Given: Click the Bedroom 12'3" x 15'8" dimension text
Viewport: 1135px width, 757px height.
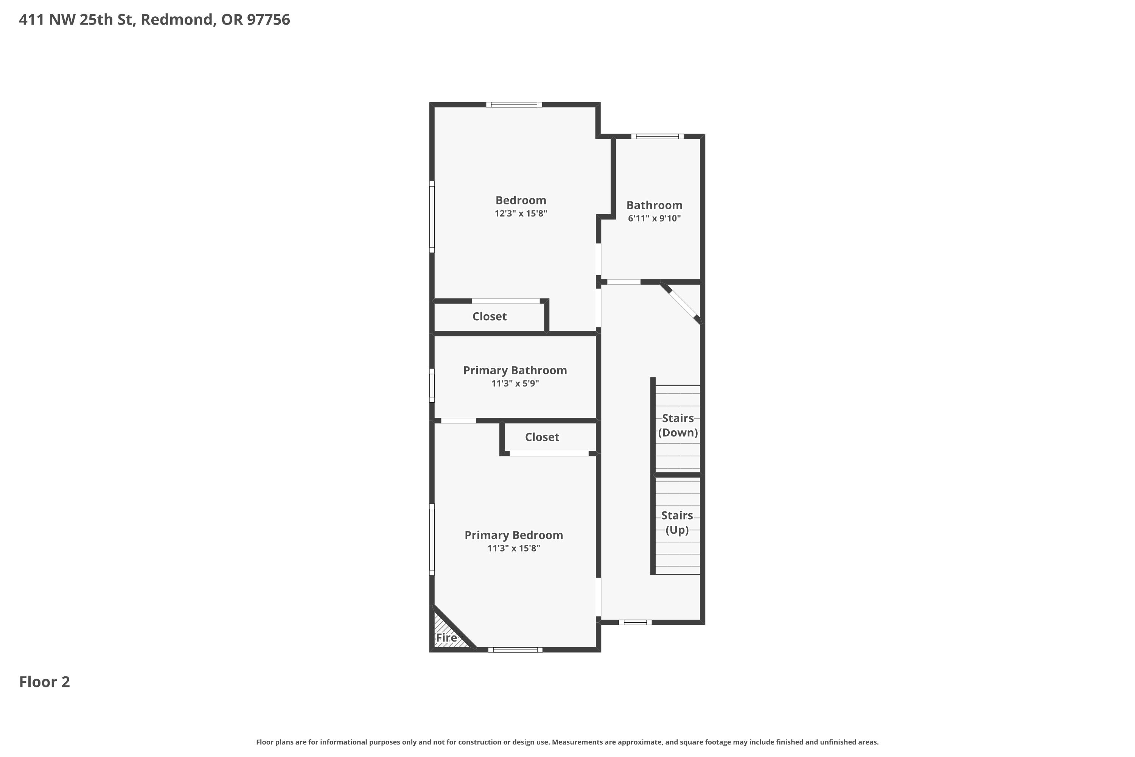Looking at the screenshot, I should point(521,213).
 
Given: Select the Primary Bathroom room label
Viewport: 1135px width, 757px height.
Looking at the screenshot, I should point(515,370).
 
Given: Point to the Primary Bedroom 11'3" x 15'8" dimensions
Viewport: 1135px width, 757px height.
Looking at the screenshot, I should point(513,548).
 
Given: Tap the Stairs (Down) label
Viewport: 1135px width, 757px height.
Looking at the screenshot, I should point(678,425).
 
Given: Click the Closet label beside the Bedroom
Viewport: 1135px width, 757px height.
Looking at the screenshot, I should point(489,316).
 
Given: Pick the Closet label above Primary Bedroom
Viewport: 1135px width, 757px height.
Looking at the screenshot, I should point(542,437).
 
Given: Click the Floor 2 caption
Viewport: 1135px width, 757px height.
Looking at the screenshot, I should point(44,682).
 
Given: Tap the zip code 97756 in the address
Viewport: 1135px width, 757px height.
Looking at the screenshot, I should point(268,19).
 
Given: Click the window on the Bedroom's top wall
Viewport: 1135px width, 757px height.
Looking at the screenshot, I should point(514,104).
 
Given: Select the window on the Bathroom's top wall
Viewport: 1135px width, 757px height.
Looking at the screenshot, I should point(657,136).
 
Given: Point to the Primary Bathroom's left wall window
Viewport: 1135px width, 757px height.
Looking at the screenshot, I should point(432,385).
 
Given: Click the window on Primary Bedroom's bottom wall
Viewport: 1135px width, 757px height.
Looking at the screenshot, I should point(515,650).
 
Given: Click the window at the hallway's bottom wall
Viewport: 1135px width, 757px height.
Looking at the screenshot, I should point(635,622).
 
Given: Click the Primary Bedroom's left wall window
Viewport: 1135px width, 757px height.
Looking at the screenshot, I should point(432,539).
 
